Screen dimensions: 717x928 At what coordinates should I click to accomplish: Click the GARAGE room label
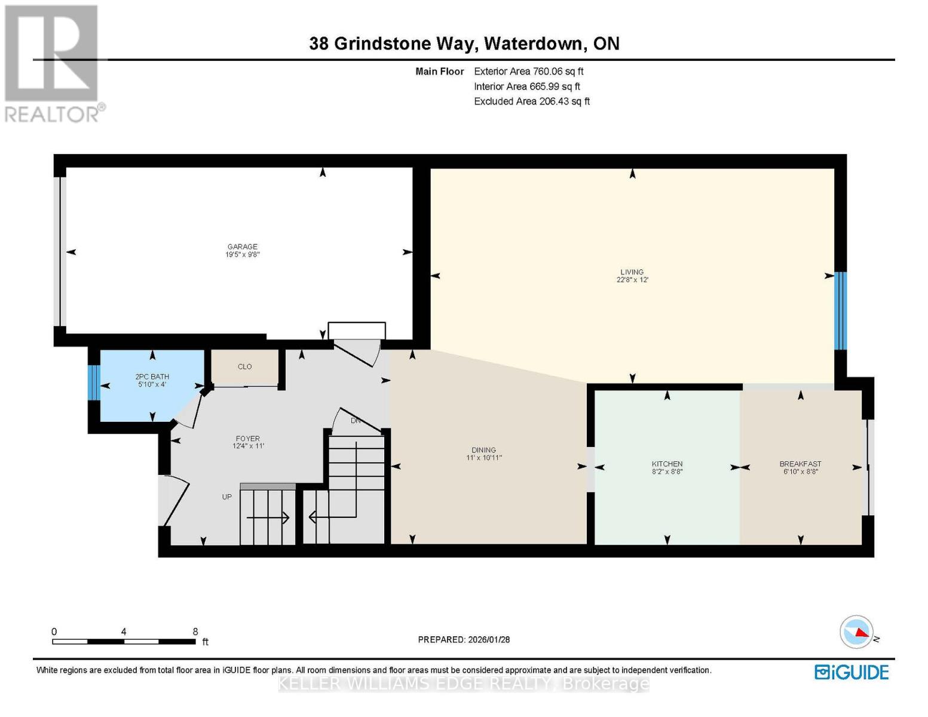coord(242,246)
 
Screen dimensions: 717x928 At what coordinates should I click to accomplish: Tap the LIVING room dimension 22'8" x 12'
coord(632,280)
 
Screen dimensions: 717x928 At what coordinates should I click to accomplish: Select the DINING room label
coord(483,450)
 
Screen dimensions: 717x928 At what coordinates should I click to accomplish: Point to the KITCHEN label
coord(667,464)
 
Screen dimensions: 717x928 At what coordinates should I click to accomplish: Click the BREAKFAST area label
coord(800,464)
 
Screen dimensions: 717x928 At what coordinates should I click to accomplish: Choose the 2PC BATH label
coord(152,376)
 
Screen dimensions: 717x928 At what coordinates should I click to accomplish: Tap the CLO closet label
coord(245,366)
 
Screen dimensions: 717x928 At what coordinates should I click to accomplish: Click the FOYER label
coord(247,439)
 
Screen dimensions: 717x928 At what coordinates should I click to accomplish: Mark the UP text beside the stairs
coord(227,497)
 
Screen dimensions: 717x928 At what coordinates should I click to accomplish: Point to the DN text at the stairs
coord(356,421)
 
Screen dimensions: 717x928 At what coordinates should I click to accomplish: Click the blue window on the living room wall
coord(840,311)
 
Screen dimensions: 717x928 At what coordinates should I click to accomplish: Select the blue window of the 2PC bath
coord(93,382)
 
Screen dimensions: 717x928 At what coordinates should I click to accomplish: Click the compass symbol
coord(857,632)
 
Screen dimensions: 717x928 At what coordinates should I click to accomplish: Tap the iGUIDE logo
coord(852,672)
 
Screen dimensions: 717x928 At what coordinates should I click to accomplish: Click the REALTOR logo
coord(53,63)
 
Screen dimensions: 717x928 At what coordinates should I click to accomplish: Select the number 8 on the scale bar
coord(195,632)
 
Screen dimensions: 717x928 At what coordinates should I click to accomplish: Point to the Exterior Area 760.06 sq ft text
coord(528,71)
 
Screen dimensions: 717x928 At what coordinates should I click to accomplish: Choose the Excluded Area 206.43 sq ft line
coord(531,101)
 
